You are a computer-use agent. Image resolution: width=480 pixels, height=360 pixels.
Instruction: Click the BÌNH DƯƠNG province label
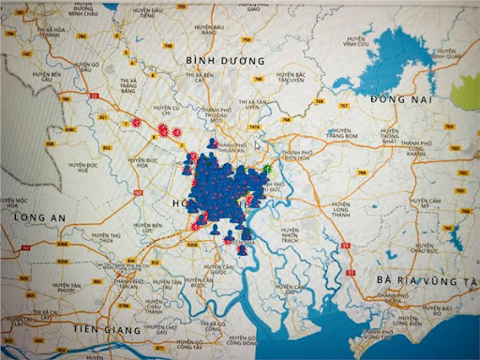click(225, 59)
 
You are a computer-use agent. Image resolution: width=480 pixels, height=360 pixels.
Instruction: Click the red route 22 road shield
click(93, 95)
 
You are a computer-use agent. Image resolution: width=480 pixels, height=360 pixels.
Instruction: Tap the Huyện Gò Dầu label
click(87, 67)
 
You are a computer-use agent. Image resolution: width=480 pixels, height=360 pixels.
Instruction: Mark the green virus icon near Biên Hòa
click(268, 169)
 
